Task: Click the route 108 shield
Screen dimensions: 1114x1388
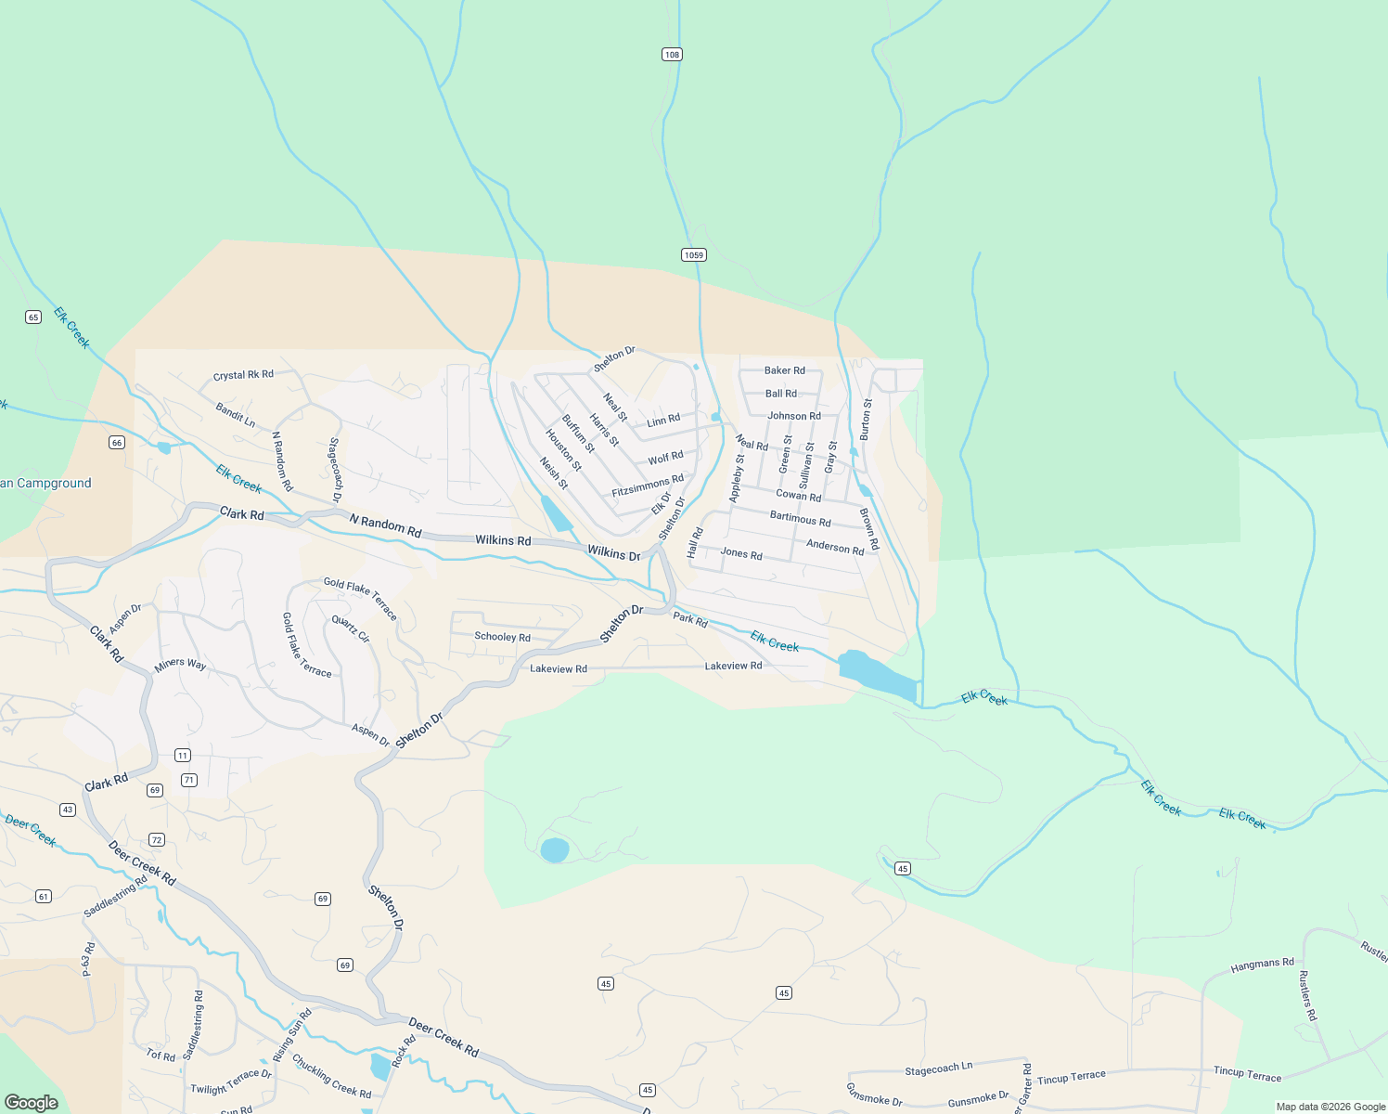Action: coord(672,55)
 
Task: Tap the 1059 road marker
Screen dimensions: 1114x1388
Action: coord(693,255)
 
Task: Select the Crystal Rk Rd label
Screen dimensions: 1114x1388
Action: coord(243,375)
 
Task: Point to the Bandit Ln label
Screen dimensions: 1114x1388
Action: coord(235,415)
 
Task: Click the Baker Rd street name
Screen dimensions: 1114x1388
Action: coord(784,370)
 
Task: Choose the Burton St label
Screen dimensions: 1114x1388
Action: coord(867,419)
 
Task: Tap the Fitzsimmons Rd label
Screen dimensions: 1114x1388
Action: coord(648,485)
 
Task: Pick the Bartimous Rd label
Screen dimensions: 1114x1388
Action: coord(800,519)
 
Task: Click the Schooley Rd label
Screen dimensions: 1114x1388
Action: coord(502,637)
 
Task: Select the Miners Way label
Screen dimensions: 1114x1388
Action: coord(180,664)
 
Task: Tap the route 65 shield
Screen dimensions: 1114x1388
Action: coord(33,317)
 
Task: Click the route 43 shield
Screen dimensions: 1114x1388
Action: coord(68,810)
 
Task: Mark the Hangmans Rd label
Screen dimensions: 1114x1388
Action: coord(1262,965)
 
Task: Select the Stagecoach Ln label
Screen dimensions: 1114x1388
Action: coord(938,1069)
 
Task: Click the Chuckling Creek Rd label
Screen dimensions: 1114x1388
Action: coord(331,1076)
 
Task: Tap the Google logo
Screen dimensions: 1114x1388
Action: coord(31,1103)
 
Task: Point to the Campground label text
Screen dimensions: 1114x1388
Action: coord(45,484)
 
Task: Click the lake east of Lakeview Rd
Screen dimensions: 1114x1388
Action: coord(876,675)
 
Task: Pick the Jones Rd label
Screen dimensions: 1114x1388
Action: coord(740,553)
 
